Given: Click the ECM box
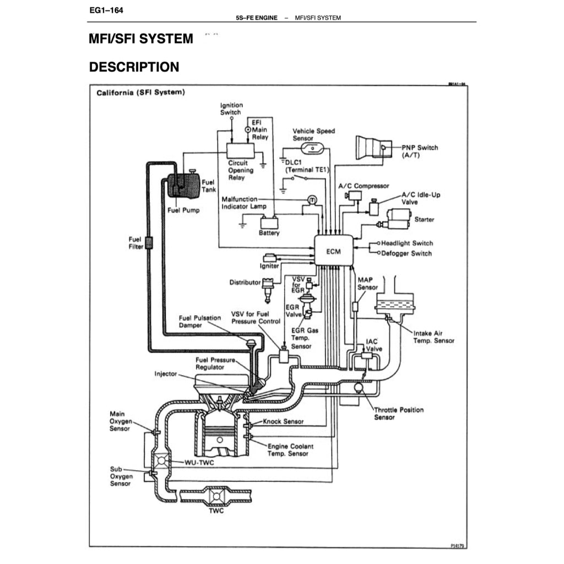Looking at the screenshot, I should click(333, 251).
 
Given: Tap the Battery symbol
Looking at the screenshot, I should click(269, 223).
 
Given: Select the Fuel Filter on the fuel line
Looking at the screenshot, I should click(148, 243).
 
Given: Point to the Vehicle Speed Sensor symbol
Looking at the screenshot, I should click(314, 148).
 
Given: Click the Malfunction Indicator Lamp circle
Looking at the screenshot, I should click(311, 199).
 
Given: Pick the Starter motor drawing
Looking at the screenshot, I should click(399, 219).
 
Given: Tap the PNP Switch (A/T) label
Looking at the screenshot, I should click(420, 151).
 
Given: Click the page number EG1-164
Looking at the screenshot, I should click(104, 10).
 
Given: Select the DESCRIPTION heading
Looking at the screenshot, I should click(134, 67).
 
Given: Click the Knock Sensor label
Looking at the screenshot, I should click(283, 421).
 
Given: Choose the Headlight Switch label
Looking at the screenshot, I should click(407, 243).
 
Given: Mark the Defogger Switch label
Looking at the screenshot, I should click(406, 253).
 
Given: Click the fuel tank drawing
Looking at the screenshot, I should click(183, 186).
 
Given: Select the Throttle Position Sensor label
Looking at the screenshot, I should click(399, 414).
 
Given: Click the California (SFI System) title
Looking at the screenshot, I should click(140, 92).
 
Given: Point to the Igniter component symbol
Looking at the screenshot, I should click(270, 257).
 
